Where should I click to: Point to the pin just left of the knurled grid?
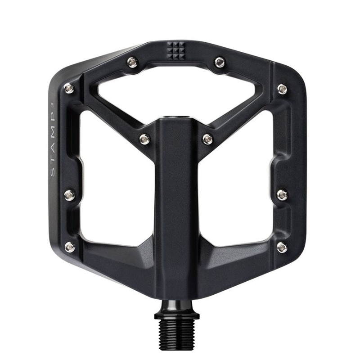click(132, 62)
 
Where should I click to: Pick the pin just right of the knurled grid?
click(220, 62)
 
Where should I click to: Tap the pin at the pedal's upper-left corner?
click(69, 88)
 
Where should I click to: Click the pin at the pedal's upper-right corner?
click(282, 88)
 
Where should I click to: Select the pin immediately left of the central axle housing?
click(144, 139)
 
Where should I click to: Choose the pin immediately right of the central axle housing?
click(207, 139)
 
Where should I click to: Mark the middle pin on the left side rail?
click(69, 195)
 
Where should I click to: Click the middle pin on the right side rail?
click(282, 195)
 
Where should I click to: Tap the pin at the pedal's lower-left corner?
click(70, 247)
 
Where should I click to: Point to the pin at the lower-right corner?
click(282, 247)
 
